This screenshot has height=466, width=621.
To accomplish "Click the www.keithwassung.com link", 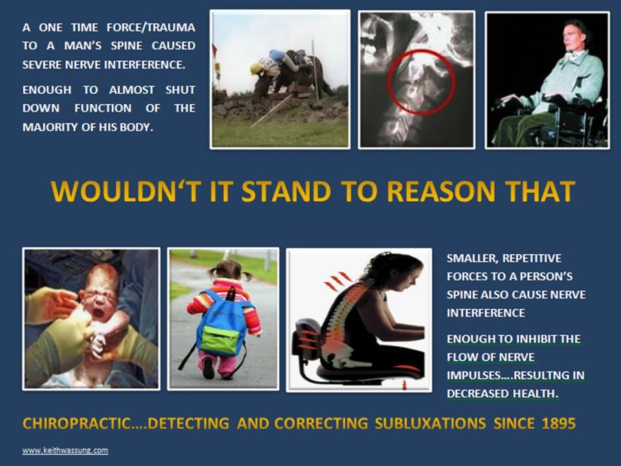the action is tap(65, 450).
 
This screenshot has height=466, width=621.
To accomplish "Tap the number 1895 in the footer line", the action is tap(559, 423).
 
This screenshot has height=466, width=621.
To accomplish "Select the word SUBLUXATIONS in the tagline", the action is tap(430, 423).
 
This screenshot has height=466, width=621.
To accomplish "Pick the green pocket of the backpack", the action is tap(221, 340).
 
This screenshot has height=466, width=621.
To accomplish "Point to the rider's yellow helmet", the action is tap(256, 69).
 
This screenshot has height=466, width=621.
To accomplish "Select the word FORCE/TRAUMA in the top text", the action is tap(151, 27).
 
